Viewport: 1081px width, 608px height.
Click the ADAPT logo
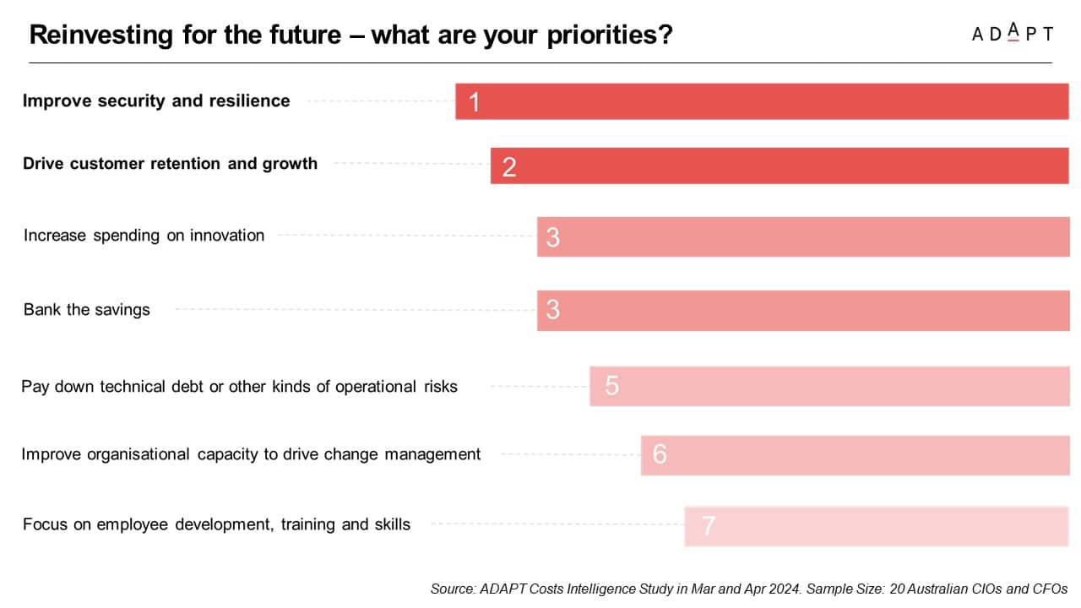click(x=1012, y=34)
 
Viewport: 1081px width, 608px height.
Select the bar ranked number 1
click(x=762, y=101)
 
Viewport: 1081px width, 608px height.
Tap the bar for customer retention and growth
click(x=780, y=166)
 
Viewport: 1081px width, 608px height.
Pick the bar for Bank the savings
click(x=803, y=310)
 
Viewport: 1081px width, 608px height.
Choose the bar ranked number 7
click(x=876, y=526)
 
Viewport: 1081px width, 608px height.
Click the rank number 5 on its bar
click(x=612, y=386)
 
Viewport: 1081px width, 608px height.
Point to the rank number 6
click(x=660, y=455)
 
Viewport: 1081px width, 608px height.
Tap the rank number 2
click(x=509, y=166)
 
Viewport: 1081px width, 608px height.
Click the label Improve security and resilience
click(x=156, y=101)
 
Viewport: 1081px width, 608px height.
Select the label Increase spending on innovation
click(x=144, y=236)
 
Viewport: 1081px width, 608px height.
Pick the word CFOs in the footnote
click(x=1050, y=589)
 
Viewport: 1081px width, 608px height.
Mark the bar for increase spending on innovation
click(x=803, y=236)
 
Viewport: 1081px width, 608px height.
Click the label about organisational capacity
click(x=251, y=454)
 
